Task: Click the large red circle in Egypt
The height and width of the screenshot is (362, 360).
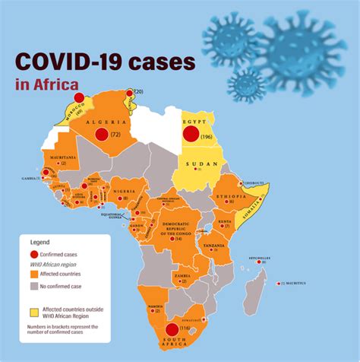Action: point(191,135)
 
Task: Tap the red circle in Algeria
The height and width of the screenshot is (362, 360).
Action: point(101,135)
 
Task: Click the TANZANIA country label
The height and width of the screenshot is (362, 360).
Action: point(213,245)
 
